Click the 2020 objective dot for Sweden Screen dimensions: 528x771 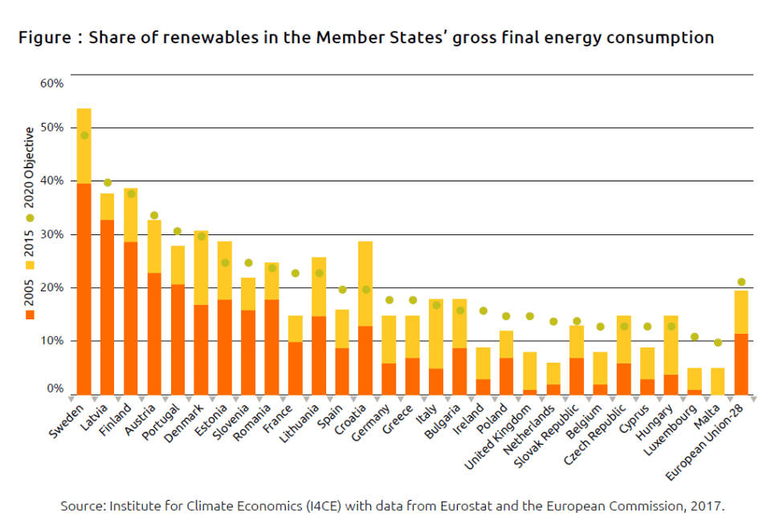click(84, 135)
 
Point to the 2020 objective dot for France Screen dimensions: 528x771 click(295, 273)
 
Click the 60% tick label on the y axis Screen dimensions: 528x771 click(51, 83)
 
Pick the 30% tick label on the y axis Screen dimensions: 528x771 click(51, 235)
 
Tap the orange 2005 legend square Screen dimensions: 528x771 click(31, 315)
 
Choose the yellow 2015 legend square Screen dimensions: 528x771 click(31, 264)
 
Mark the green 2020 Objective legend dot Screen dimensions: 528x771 click(31, 217)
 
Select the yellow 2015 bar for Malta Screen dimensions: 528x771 click(718, 381)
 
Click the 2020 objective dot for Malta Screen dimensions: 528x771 click(718, 342)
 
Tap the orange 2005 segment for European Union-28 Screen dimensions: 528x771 click(741, 364)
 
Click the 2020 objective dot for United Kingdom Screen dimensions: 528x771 click(529, 316)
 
